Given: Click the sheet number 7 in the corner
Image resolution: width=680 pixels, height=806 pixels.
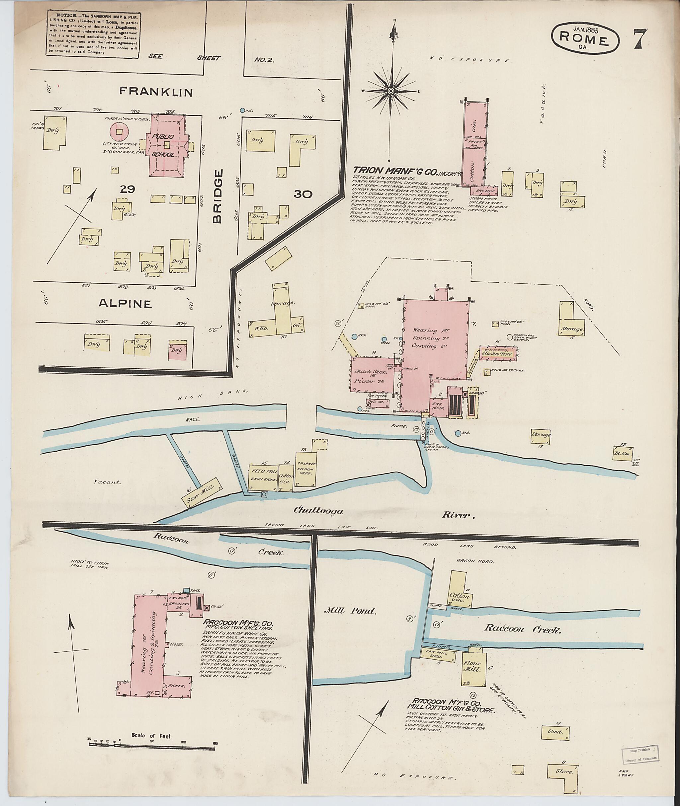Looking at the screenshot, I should (x=641, y=39).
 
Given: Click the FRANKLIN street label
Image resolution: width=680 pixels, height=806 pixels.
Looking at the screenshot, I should (x=155, y=91).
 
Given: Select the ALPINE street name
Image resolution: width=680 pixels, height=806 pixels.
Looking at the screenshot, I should (x=125, y=304).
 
